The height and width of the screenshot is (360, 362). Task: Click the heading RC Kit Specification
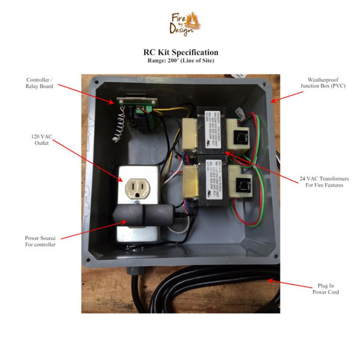(x=181, y=52)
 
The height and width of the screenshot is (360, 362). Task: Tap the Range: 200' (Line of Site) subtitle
(x=181, y=61)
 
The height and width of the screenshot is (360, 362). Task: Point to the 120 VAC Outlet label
(x=44, y=139)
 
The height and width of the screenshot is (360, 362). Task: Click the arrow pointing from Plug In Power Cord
(x=288, y=284)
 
